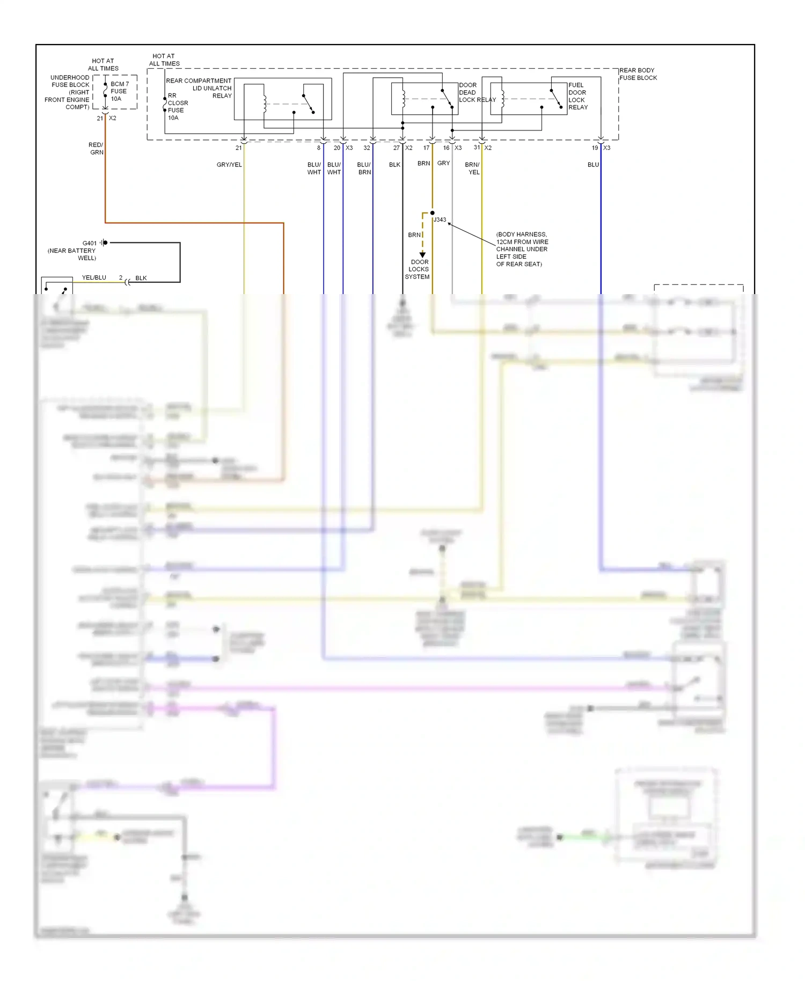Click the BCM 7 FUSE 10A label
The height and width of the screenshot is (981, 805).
tap(119, 91)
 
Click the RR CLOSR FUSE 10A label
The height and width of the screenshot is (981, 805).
tap(177, 106)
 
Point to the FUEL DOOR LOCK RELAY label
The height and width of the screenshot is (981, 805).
tap(578, 96)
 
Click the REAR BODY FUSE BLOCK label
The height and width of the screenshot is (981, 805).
tap(638, 74)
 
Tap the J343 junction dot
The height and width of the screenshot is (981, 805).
tap(433, 213)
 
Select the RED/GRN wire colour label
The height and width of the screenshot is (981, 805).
tap(96, 149)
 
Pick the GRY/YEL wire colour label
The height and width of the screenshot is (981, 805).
tap(229, 165)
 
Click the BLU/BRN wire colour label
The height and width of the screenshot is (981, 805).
tap(364, 169)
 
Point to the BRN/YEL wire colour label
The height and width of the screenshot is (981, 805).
tap(472, 169)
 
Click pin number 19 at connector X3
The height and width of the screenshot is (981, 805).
tap(595, 148)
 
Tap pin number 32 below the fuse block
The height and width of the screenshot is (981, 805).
tap(367, 148)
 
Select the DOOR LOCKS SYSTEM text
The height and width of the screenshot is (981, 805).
tap(418, 269)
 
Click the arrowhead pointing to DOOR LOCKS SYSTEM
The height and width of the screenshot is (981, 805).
tap(422, 255)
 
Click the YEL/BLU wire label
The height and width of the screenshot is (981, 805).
tap(94, 277)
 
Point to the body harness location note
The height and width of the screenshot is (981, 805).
tap(521, 249)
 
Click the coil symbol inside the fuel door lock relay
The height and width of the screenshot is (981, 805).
tap(502, 99)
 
